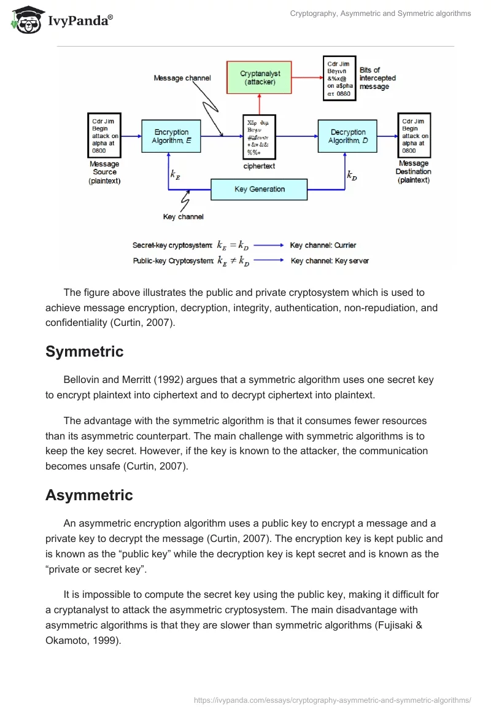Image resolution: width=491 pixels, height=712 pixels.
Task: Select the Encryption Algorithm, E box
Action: point(171,136)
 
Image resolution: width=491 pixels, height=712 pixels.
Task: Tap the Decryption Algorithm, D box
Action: point(347,136)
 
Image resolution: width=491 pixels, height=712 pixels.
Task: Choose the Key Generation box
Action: point(259,189)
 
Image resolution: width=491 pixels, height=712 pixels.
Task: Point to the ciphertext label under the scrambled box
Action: point(260,166)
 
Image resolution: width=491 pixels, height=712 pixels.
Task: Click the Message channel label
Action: point(182,78)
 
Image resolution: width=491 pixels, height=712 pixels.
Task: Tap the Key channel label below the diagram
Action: point(183,217)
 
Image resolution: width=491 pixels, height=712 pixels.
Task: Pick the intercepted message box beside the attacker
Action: point(339,78)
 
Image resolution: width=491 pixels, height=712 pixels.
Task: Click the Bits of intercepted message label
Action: point(377,79)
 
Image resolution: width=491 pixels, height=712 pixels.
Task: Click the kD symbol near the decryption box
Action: point(352,176)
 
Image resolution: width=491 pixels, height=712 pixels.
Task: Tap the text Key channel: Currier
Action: point(323,246)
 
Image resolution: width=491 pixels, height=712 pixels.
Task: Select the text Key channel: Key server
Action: point(330,261)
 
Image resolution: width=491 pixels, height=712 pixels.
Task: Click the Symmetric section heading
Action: point(84,352)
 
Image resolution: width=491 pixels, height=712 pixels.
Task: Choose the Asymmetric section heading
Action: point(89,495)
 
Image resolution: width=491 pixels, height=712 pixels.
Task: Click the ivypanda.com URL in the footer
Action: point(332,700)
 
